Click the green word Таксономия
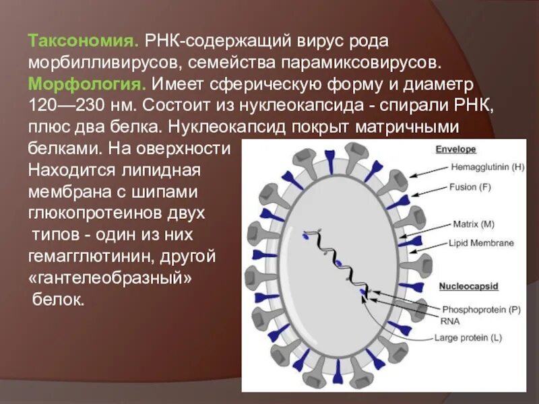pos(83,41)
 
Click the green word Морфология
pos(87,85)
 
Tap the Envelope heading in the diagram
pos(456,149)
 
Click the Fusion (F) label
pos(472,187)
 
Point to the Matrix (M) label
pos(473,223)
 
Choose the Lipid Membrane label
pos(483,243)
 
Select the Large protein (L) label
pos(468,337)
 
